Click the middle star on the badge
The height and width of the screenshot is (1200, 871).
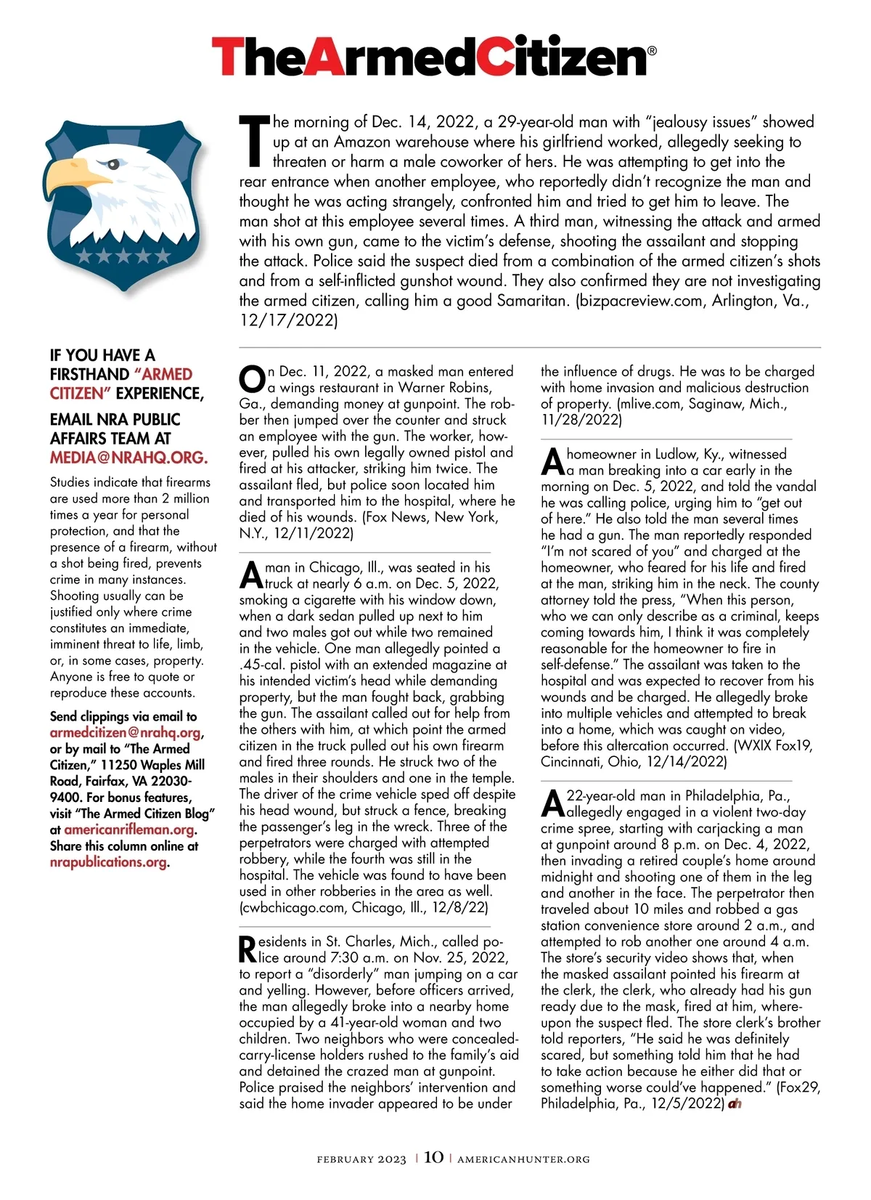click(123, 256)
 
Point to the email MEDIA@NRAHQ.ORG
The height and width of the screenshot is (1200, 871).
click(128, 458)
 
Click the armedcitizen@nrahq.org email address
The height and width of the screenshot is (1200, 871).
click(126, 732)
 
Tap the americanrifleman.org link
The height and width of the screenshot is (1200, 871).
click(129, 830)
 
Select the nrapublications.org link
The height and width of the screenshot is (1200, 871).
click(108, 862)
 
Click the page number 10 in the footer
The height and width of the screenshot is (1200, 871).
click(433, 1157)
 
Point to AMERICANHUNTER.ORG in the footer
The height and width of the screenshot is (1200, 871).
click(523, 1159)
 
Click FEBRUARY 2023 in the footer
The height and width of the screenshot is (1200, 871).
click(361, 1159)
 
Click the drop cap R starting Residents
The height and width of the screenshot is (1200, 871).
click(248, 949)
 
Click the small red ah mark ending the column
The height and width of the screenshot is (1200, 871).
click(735, 1104)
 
